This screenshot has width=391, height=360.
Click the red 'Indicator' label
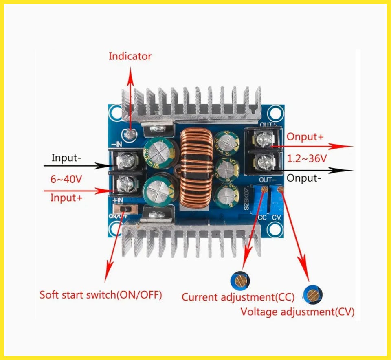[130, 56]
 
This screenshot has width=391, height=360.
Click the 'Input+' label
[66, 198]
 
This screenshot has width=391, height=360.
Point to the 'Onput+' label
[305, 137]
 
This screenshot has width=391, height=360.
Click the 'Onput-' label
[304, 178]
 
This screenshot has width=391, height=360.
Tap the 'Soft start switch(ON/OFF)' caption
[101, 294]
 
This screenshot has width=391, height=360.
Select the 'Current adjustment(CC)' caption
[238, 297]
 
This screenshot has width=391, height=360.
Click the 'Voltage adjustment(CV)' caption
[297, 312]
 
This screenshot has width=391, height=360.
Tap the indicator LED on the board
[130, 134]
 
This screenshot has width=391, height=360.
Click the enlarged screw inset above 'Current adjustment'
[240, 280]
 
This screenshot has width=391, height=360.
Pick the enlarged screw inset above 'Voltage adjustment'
[313, 294]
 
